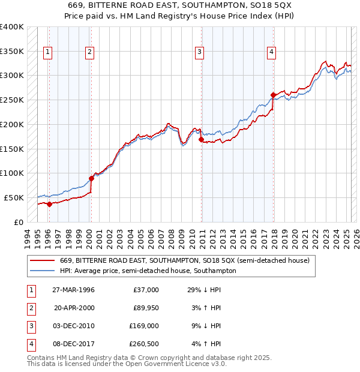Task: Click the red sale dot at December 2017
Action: coord(273,95)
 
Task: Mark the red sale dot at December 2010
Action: coord(201,140)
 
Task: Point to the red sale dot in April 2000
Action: coord(92,178)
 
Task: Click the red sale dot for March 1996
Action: coord(50,204)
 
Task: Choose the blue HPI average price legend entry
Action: coord(148,271)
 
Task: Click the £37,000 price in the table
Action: coord(146,290)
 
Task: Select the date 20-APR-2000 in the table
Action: coord(74,308)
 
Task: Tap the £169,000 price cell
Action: coord(144,326)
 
